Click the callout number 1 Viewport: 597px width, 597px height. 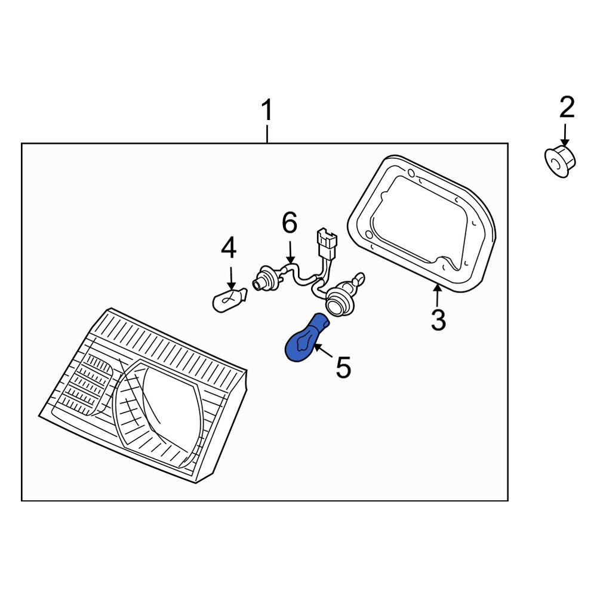click(x=267, y=110)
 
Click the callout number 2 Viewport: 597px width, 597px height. click(x=567, y=107)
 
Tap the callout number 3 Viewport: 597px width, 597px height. click(x=438, y=320)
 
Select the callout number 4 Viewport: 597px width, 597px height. click(x=229, y=248)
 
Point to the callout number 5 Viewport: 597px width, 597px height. click(x=343, y=367)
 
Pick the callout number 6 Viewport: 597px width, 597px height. click(x=290, y=223)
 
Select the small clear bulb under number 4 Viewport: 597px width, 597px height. click(x=229, y=300)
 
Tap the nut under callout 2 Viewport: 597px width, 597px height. click(x=559, y=161)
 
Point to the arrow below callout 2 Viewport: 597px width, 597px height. click(x=565, y=135)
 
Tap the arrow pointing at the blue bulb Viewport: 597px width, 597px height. click(x=323, y=350)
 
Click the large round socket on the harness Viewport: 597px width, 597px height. click(x=340, y=300)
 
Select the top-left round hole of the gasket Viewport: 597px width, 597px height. click(x=411, y=173)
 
